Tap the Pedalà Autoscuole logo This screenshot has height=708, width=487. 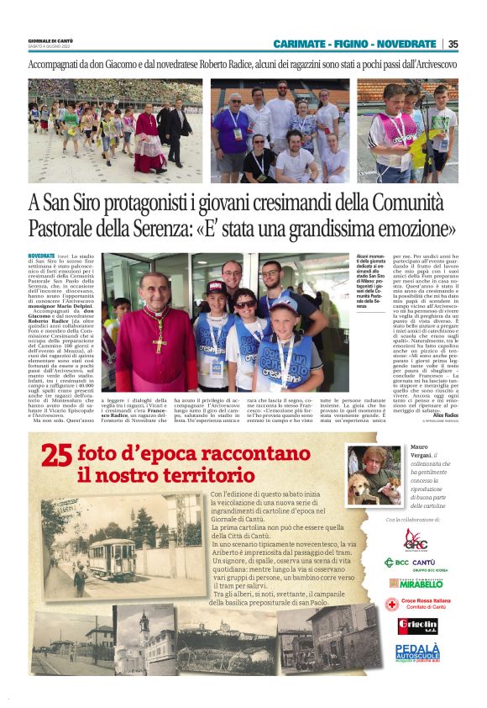pyautogui.click(x=417, y=651)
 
